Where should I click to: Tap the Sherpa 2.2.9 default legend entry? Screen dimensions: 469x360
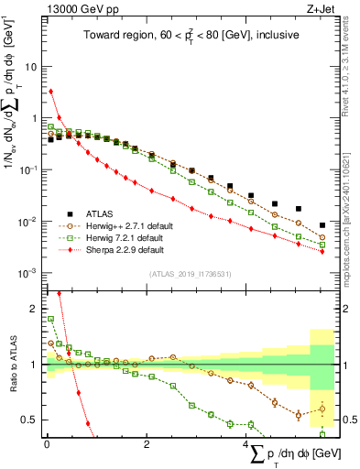pos(123,249)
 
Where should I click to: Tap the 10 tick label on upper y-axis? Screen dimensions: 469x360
pos(33,67)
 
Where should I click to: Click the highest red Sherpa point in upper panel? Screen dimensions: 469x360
pos(51,91)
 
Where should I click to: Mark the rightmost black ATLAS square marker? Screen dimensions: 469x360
pos(322,224)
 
